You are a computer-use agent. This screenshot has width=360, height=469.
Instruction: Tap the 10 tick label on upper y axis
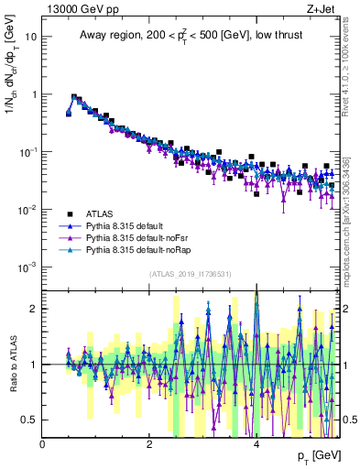pos(31,37)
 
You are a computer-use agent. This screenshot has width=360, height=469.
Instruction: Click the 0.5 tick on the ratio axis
pos(30,420)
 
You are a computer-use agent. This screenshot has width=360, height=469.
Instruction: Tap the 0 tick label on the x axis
pos(43,443)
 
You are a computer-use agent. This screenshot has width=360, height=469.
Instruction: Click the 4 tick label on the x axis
pos(256,443)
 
